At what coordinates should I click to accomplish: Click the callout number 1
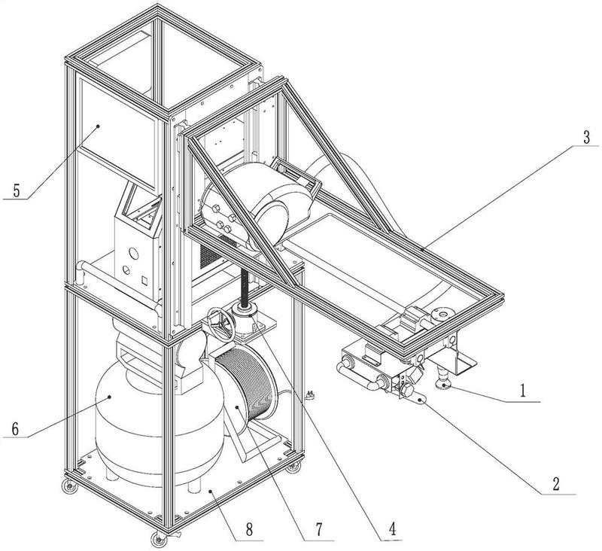click(x=522, y=391)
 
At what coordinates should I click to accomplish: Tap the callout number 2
click(x=555, y=484)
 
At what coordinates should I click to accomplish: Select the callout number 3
click(x=586, y=137)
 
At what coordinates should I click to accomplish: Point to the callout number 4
click(x=392, y=528)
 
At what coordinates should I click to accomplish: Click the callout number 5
click(x=16, y=190)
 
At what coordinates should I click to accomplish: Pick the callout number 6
click(x=15, y=428)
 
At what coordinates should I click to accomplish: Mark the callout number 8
click(x=249, y=530)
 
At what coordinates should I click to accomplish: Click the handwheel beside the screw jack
click(x=220, y=324)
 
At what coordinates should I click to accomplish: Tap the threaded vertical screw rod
click(x=244, y=287)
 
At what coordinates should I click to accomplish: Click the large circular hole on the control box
click(x=133, y=253)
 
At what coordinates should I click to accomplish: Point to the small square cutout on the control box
click(x=144, y=280)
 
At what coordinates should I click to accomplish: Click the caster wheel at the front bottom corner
click(x=157, y=539)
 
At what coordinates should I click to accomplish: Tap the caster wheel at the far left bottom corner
click(x=69, y=486)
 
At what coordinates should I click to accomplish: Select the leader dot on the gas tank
click(x=110, y=397)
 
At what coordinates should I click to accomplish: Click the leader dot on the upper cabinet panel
click(x=99, y=126)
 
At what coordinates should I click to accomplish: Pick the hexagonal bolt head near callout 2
click(x=406, y=391)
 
